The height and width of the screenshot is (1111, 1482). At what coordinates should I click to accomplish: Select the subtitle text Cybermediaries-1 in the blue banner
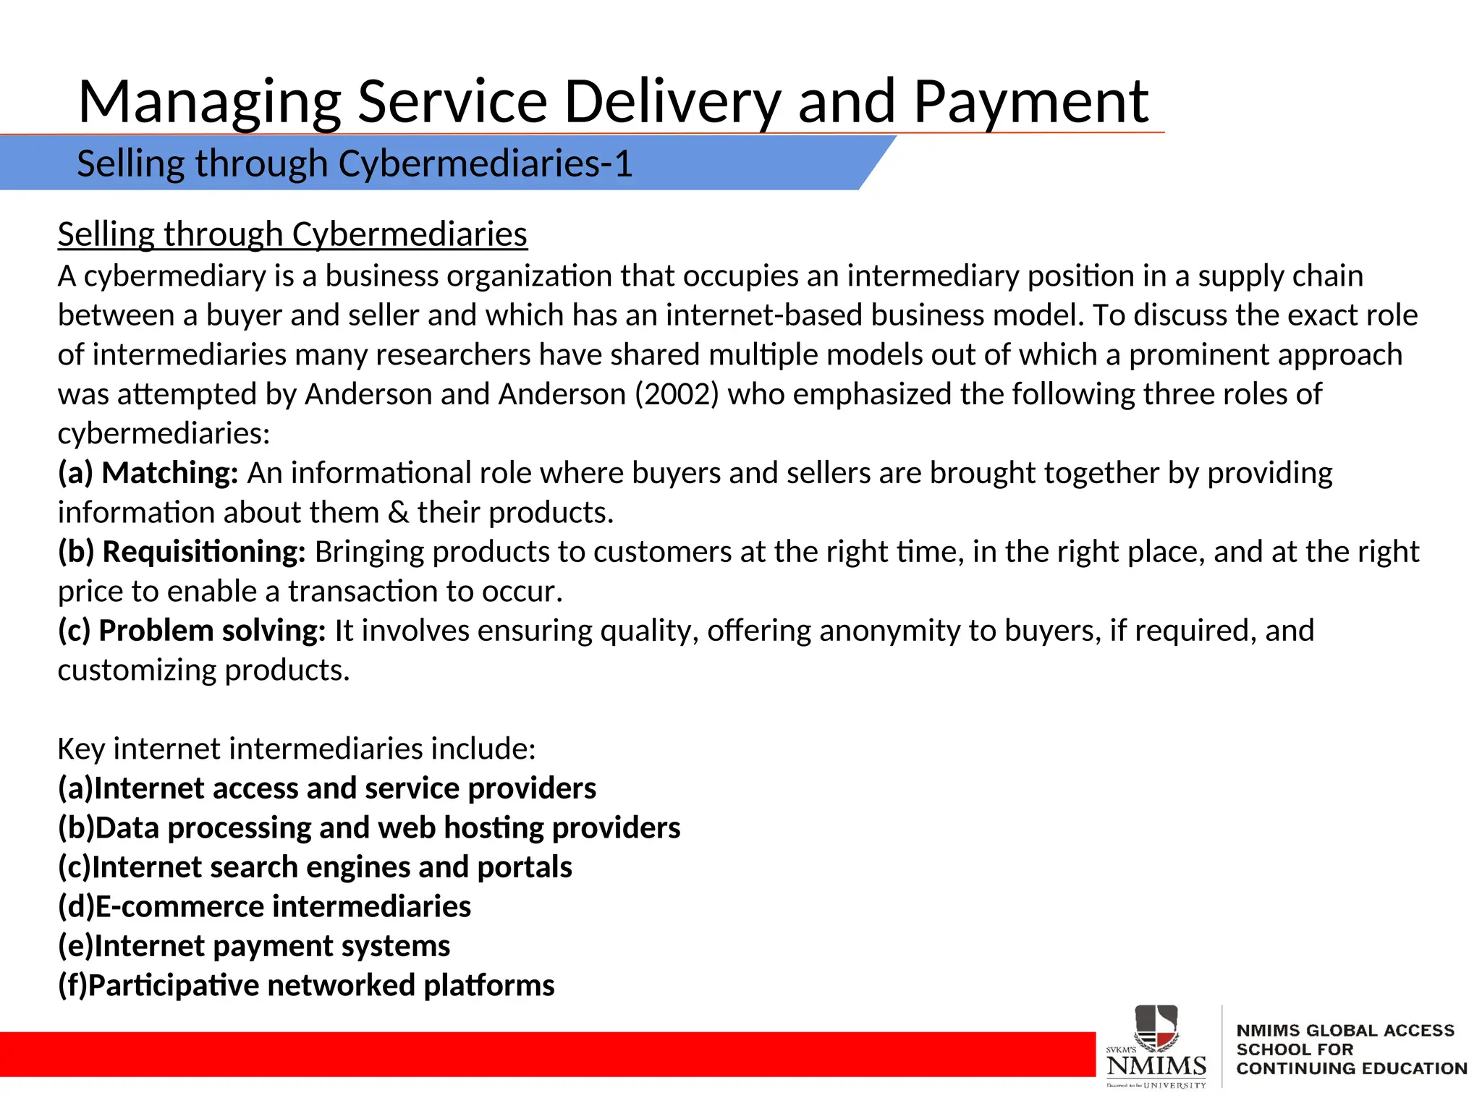click(x=485, y=163)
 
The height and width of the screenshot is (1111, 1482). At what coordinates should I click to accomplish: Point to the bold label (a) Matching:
click(x=148, y=473)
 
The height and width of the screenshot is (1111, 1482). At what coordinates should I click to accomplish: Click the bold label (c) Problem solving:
click(x=192, y=631)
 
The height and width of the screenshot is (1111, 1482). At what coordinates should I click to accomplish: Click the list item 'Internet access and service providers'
click(x=327, y=788)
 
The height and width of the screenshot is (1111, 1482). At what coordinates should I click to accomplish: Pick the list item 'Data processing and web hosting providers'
click(x=369, y=828)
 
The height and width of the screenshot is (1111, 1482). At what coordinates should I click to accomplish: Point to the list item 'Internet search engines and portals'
click(x=315, y=867)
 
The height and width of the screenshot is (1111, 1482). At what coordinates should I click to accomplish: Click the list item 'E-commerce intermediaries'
click(x=264, y=907)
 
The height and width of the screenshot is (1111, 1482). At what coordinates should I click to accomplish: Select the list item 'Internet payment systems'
click(x=254, y=946)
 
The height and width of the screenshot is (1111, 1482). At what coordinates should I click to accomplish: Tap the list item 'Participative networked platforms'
click(x=306, y=986)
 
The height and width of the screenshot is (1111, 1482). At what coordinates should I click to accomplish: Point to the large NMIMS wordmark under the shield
click(x=1156, y=1065)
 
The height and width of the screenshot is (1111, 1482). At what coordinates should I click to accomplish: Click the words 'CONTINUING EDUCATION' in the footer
click(x=1351, y=1068)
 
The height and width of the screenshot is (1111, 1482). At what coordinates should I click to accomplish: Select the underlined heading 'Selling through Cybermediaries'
click(x=292, y=234)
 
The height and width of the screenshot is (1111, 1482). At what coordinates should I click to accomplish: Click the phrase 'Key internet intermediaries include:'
click(x=297, y=749)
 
